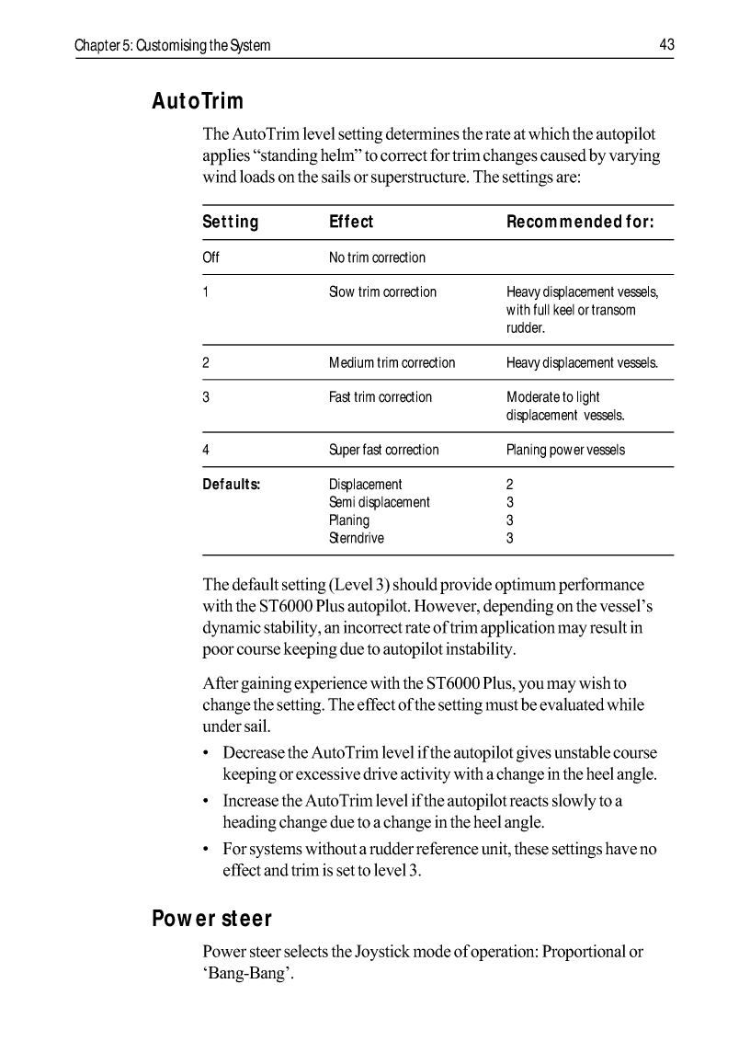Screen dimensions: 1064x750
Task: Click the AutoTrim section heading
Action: coord(198,100)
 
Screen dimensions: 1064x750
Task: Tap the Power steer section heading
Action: coord(211,919)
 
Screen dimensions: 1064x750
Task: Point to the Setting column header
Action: coord(231,223)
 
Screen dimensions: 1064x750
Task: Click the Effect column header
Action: coord(351,223)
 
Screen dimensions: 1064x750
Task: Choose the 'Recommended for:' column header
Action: coord(580,223)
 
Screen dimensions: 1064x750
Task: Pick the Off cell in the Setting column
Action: coord(210,257)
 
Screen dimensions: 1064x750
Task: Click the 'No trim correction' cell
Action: coord(377,257)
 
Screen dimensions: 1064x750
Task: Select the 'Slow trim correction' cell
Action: coord(382,292)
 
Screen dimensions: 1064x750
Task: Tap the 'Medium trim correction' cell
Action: coord(392,362)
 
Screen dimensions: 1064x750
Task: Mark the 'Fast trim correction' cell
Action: coord(381,397)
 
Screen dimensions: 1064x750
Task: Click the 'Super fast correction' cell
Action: coord(384,450)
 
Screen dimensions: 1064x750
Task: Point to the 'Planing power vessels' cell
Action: coord(565,450)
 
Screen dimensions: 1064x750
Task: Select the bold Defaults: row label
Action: coord(231,485)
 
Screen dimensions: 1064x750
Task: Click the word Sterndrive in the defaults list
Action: coord(357,538)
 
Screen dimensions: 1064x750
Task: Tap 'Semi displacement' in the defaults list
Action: coord(379,502)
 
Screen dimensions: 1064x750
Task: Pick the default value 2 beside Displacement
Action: coord(510,485)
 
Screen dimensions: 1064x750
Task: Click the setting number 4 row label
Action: coord(206,450)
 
